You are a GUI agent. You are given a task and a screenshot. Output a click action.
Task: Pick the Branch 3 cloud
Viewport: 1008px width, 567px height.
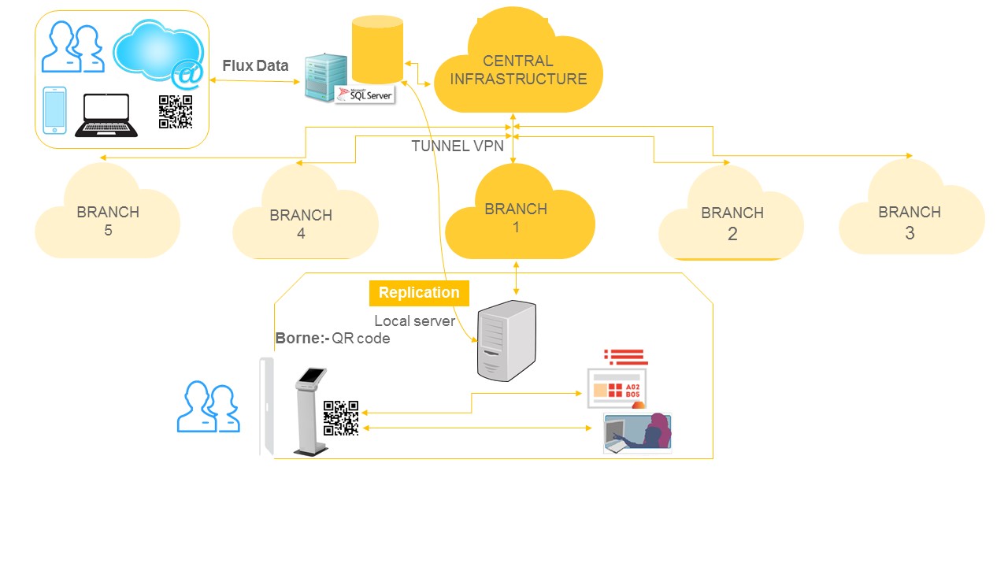point(910,216)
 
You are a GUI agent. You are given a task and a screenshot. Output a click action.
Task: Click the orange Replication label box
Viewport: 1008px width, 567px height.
point(419,293)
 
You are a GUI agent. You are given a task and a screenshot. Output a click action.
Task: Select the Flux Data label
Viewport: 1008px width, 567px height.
point(255,66)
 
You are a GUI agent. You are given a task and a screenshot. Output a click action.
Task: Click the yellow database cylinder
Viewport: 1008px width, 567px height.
point(377,50)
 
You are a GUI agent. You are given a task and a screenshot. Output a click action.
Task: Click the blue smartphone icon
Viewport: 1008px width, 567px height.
point(54,110)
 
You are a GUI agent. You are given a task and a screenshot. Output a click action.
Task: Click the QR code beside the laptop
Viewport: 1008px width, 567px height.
point(176,112)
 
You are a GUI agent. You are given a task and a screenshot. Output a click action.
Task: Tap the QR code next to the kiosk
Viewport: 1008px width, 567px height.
point(341,418)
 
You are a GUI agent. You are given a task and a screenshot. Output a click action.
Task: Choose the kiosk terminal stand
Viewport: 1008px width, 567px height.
point(310,410)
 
